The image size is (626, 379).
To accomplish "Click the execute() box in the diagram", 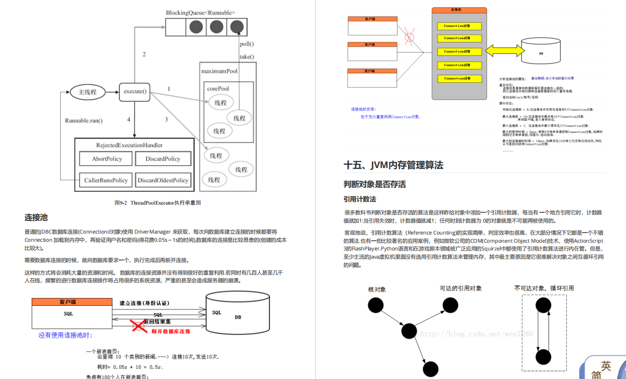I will tap(135, 92).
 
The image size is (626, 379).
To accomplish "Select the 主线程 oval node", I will tap(88, 92).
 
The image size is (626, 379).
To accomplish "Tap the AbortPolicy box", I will tap(107, 159).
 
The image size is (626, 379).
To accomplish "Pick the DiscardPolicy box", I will tap(163, 159).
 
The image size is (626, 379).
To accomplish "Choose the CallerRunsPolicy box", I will tap(106, 180).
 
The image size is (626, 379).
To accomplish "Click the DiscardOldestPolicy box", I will tap(163, 180).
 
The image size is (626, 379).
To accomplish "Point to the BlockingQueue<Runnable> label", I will tap(201, 13).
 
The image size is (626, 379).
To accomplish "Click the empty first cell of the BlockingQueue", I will tap(175, 27).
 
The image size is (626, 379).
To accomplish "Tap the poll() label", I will tap(247, 44).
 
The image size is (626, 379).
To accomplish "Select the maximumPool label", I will tap(219, 71).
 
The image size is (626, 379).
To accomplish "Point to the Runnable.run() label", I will tap(84, 120).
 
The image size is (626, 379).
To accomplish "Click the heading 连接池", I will tap(36, 218).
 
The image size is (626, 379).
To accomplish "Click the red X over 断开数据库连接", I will tap(139, 326).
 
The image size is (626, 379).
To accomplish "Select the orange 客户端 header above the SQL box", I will tap(67, 302).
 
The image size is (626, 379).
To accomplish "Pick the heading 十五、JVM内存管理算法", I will tap(393, 165).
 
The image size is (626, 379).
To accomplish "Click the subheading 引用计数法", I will tap(360, 199).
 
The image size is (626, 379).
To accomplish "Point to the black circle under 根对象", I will tap(375, 305).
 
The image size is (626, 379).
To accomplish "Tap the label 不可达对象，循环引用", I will tap(544, 288).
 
